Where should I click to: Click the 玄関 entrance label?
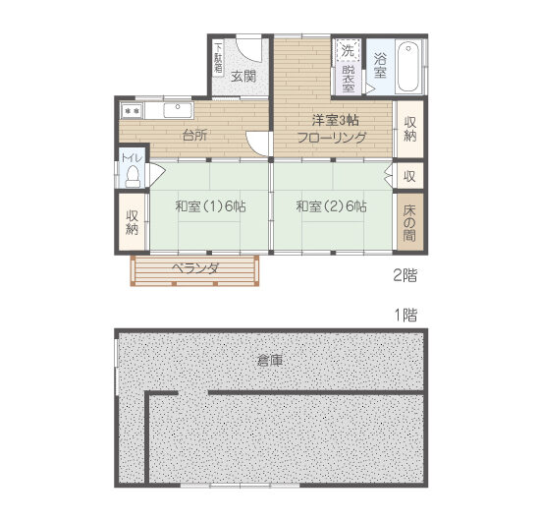[x=243, y=76]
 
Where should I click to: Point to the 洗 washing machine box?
[x=348, y=51]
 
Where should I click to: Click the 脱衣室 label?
[x=349, y=78]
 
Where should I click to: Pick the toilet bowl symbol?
[x=133, y=176]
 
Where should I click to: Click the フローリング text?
[x=332, y=140]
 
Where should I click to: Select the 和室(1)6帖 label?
[x=210, y=207]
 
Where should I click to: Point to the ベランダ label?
[x=194, y=268]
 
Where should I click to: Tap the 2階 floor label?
[x=405, y=276]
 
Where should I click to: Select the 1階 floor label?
[x=405, y=316]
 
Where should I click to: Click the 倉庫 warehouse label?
[x=270, y=361]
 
